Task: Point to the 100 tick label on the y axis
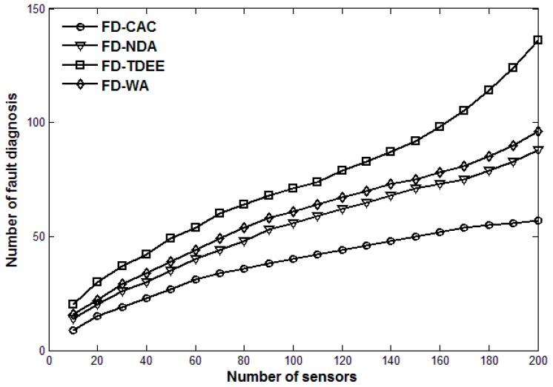(34, 123)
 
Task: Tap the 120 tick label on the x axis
(342, 360)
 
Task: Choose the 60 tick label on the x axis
(196, 360)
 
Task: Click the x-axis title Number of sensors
(294, 377)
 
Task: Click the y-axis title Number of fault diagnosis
(13, 179)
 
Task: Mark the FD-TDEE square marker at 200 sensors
(538, 40)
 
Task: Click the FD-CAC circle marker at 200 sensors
(538, 221)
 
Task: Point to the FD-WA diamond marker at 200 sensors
(538, 131)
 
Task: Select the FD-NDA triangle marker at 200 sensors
(538, 150)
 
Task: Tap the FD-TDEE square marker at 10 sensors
(73, 304)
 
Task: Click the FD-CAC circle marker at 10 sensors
(73, 330)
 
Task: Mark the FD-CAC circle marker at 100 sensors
(293, 259)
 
